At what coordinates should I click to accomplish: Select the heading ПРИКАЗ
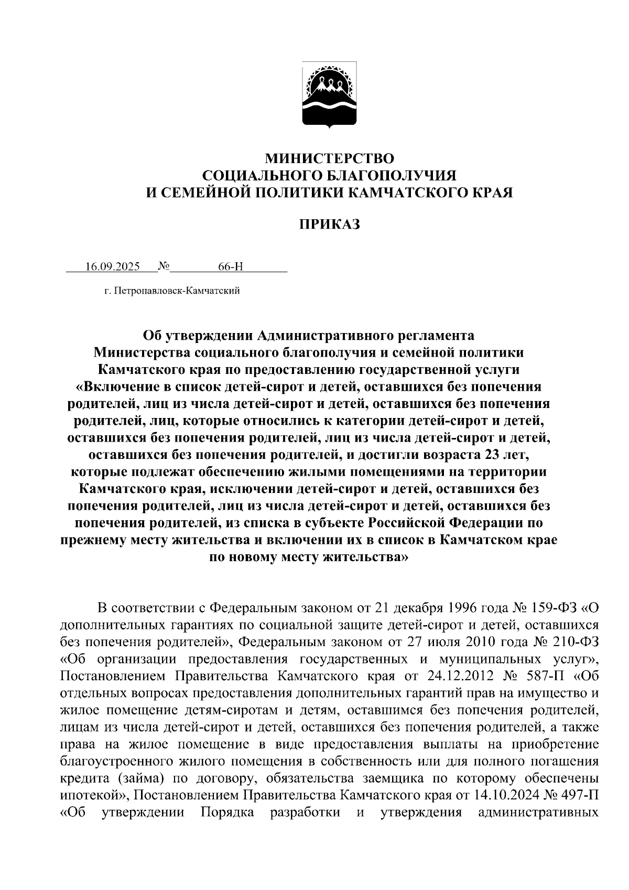point(329,225)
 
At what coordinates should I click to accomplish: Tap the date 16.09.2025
point(112,266)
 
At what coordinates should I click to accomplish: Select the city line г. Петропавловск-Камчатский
point(171,291)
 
